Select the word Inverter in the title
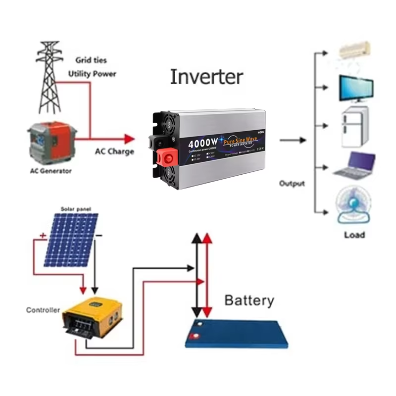click(x=206, y=77)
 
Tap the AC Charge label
click(x=114, y=151)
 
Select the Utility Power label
click(x=92, y=74)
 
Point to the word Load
click(x=354, y=235)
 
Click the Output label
click(x=292, y=183)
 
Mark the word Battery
click(x=248, y=300)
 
